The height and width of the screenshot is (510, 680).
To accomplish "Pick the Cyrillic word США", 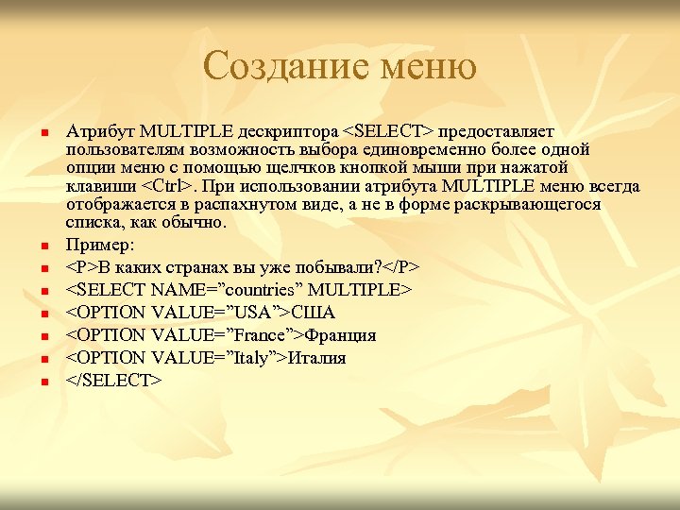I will [316, 313].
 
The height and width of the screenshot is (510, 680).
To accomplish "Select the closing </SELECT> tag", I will [114, 381].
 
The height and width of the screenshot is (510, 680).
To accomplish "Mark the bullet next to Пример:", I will [43, 246].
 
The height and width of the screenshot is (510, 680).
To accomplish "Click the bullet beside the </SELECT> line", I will [43, 382].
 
